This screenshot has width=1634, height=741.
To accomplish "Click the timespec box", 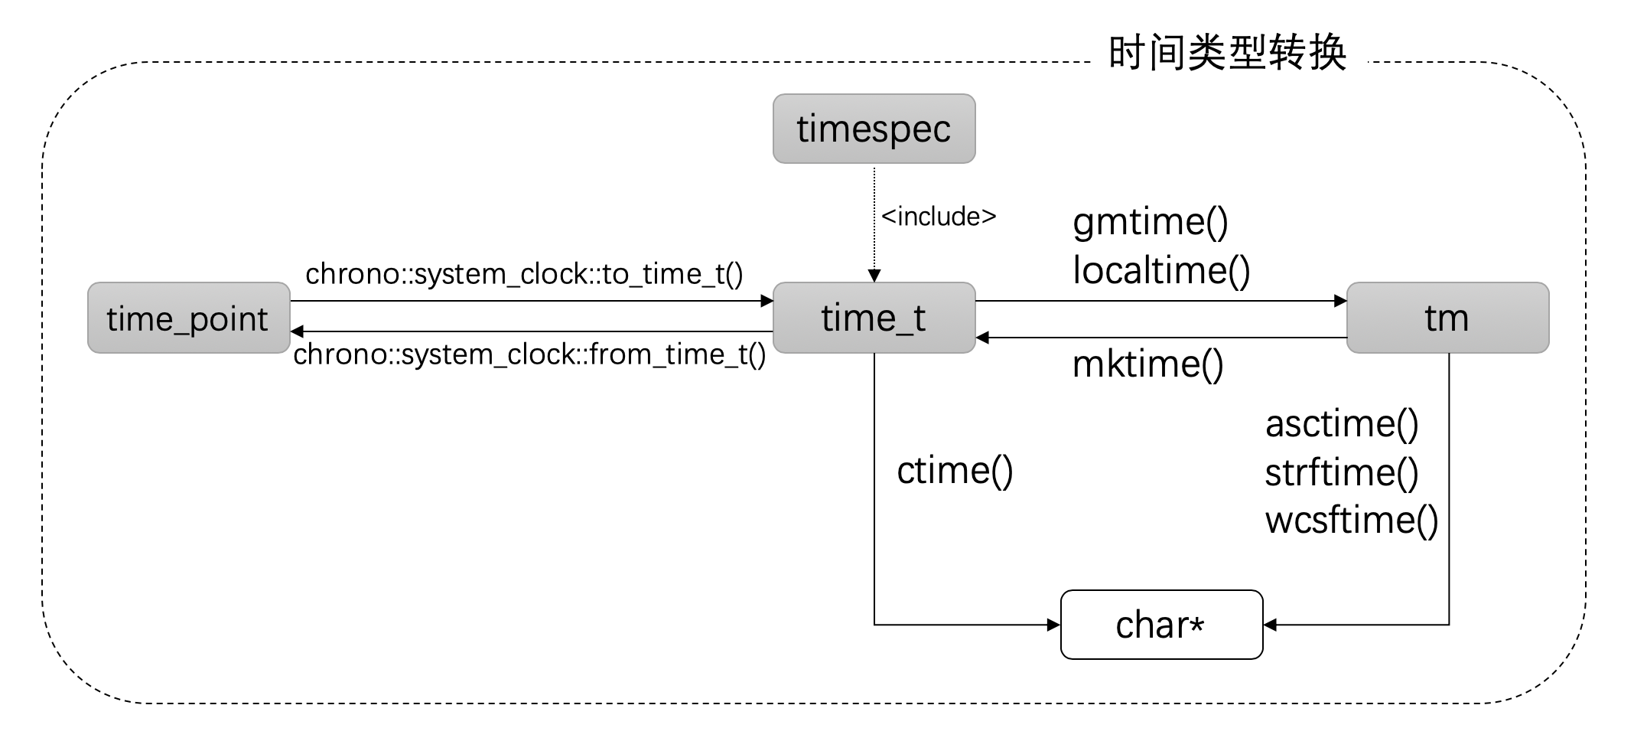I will (874, 129).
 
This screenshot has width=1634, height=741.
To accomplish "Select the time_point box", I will (188, 318).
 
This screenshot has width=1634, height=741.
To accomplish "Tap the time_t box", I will (874, 318).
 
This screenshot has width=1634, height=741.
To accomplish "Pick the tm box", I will (1447, 318).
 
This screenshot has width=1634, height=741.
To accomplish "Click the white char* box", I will (1160, 625).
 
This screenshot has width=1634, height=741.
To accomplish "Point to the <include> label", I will (939, 217).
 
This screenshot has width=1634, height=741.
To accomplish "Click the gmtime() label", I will (1150, 222).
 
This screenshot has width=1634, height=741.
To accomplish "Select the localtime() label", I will (1160, 270).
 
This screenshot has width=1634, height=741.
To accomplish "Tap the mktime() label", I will (1147, 364).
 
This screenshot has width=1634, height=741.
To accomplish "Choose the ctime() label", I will (954, 471).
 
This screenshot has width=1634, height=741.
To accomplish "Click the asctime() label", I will (1341, 424).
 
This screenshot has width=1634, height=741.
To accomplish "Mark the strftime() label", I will (1341, 472).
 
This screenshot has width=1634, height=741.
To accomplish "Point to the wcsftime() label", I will (1351, 521).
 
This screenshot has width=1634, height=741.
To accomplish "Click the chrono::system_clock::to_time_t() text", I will (524, 274).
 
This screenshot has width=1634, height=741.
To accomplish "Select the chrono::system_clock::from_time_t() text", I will (529, 354).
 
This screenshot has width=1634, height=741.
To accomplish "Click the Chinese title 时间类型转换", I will (1227, 54).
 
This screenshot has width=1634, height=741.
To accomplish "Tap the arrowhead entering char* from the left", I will (1053, 625).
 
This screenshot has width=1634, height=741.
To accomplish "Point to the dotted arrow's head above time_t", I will (874, 276).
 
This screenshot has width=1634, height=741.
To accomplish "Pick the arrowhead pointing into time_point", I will (298, 331).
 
